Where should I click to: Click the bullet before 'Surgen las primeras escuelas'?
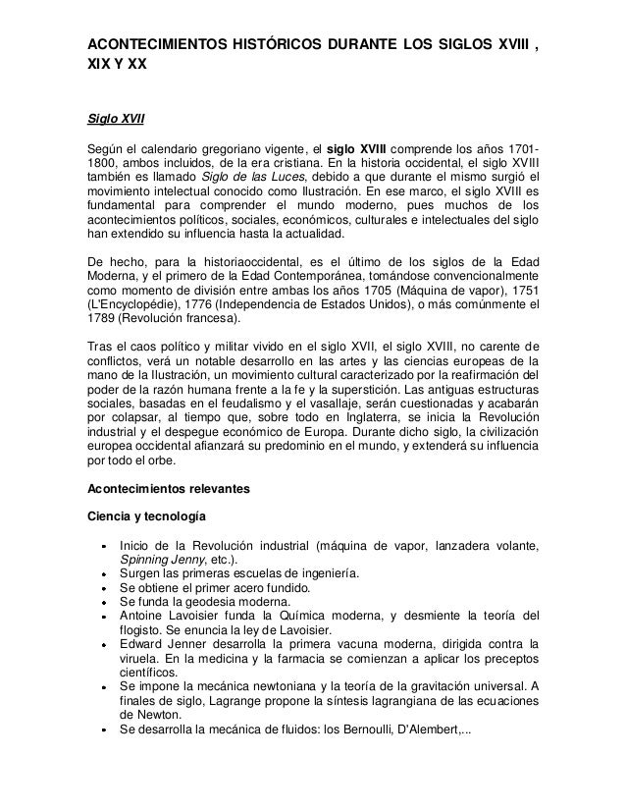[x=103, y=574]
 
